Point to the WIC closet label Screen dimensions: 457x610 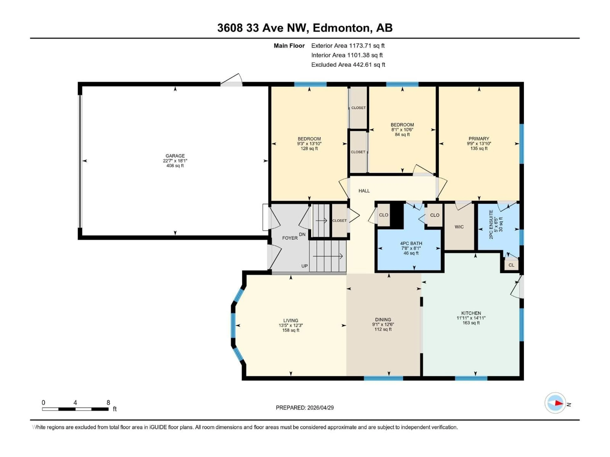[459, 227]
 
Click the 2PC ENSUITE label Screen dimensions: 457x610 [491, 225]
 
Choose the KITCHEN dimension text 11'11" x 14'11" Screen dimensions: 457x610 [471, 318]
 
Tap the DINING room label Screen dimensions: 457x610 [383, 320]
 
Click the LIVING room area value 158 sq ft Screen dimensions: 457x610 [291, 330]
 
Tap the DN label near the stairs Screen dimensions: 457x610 [302, 234]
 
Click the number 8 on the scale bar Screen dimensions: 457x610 [108, 402]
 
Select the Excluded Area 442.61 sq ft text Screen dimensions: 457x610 [348, 65]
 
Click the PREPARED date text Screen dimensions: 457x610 [305, 408]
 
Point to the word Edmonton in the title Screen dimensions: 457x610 [341, 28]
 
